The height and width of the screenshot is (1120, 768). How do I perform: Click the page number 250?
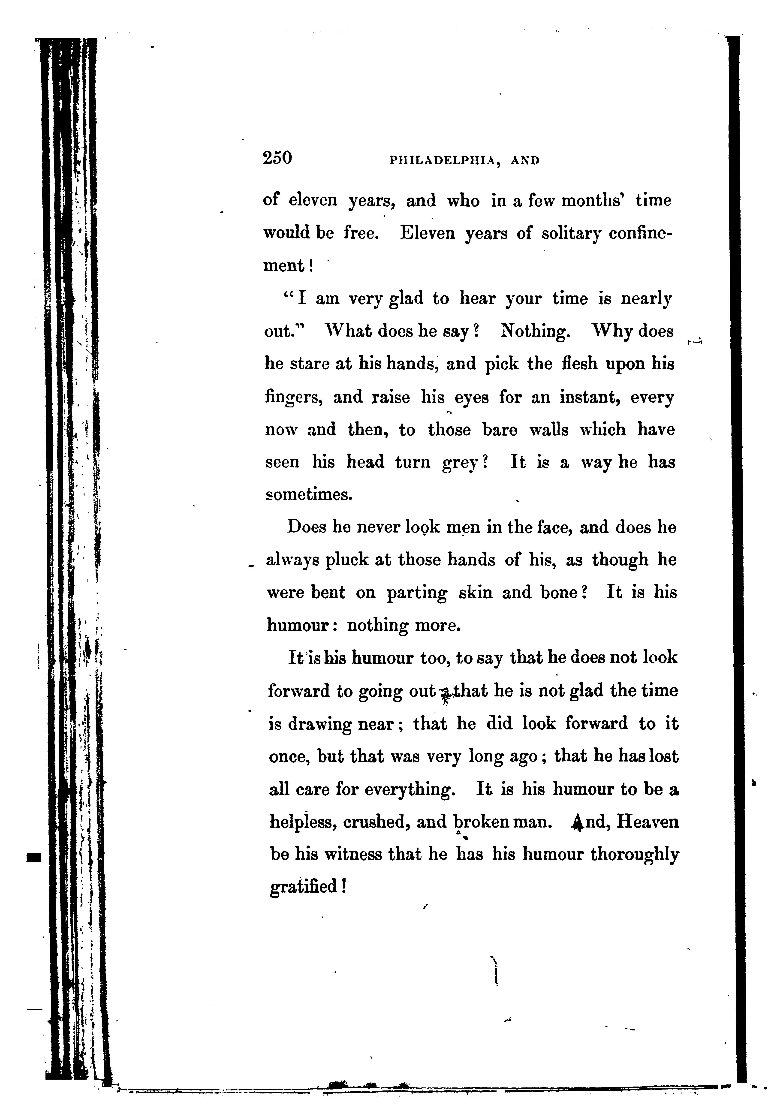[x=277, y=158]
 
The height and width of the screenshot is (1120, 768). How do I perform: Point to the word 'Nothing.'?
[x=535, y=331]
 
